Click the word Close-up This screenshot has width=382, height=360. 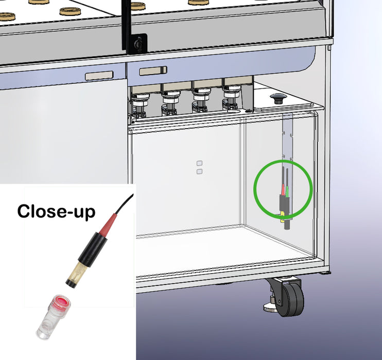tap(56, 211)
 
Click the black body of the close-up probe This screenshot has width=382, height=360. tap(93, 249)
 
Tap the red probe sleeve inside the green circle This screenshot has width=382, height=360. tap(283, 190)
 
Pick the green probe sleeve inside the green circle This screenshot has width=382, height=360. tap(287, 191)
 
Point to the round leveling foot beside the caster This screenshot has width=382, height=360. tap(270, 307)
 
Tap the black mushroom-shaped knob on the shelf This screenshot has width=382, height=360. tap(278, 98)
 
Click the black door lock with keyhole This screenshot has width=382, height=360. tap(139, 44)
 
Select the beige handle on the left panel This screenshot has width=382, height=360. tap(99, 76)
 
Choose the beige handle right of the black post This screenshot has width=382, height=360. tap(153, 71)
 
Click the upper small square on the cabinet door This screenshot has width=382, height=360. tap(199, 163)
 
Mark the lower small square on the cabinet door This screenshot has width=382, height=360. tap(199, 171)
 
